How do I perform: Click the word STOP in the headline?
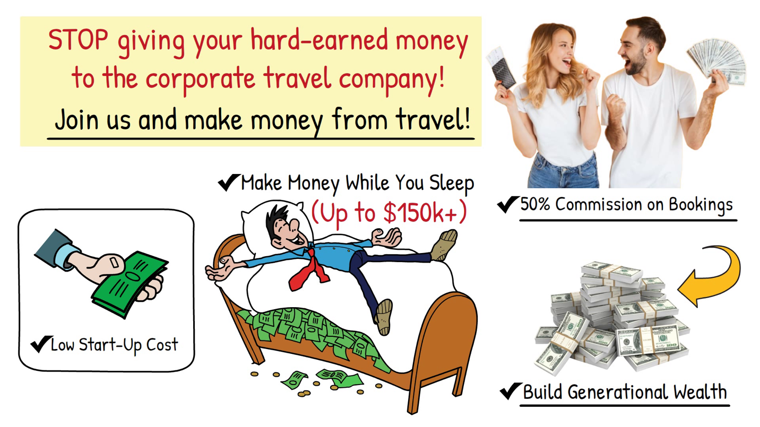coord(78,39)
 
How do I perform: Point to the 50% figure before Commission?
coord(535,205)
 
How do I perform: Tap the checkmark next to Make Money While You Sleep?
coord(229,182)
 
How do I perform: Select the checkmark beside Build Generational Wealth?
coord(511,391)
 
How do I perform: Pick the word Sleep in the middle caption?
coord(452,184)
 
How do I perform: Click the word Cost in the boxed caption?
coord(162,345)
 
